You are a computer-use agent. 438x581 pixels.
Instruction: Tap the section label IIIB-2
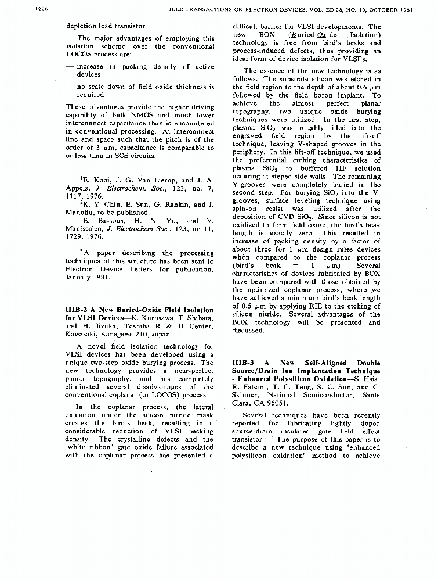click(77, 310)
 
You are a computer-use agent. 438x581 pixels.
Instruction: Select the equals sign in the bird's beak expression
click(312, 266)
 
